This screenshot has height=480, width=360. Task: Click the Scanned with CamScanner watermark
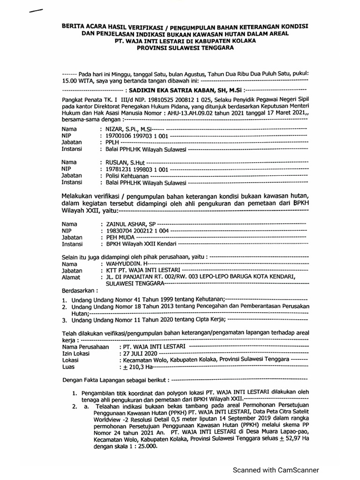[277, 470]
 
